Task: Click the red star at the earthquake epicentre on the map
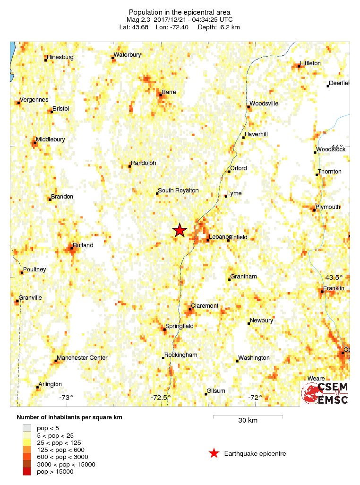[180, 230]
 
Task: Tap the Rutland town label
[83, 245]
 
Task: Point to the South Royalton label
[178, 191]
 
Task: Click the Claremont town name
[205, 306]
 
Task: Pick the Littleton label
[310, 63]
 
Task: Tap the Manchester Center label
[82, 358]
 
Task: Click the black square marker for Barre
[161, 95]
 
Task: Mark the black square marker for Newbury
[249, 323]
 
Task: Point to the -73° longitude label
[66, 398]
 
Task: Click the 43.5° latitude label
[335, 277]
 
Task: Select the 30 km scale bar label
[248, 421]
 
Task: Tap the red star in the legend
[214, 454]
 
